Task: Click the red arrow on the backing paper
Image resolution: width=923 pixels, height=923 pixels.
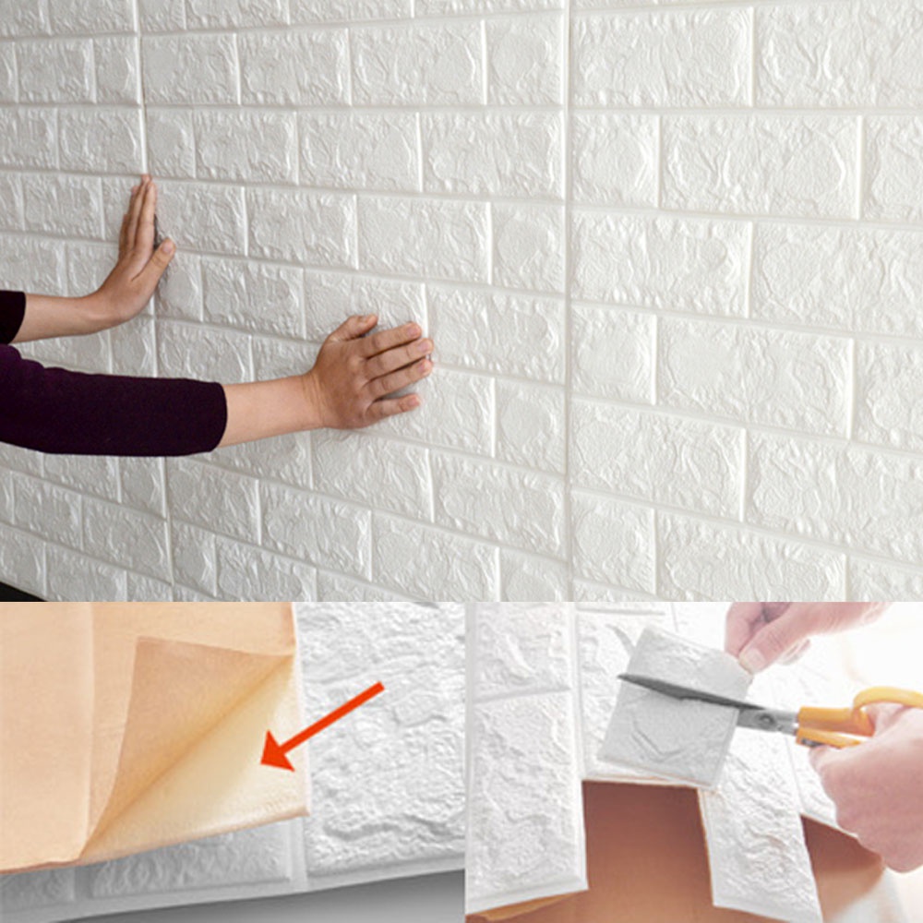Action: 323,725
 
